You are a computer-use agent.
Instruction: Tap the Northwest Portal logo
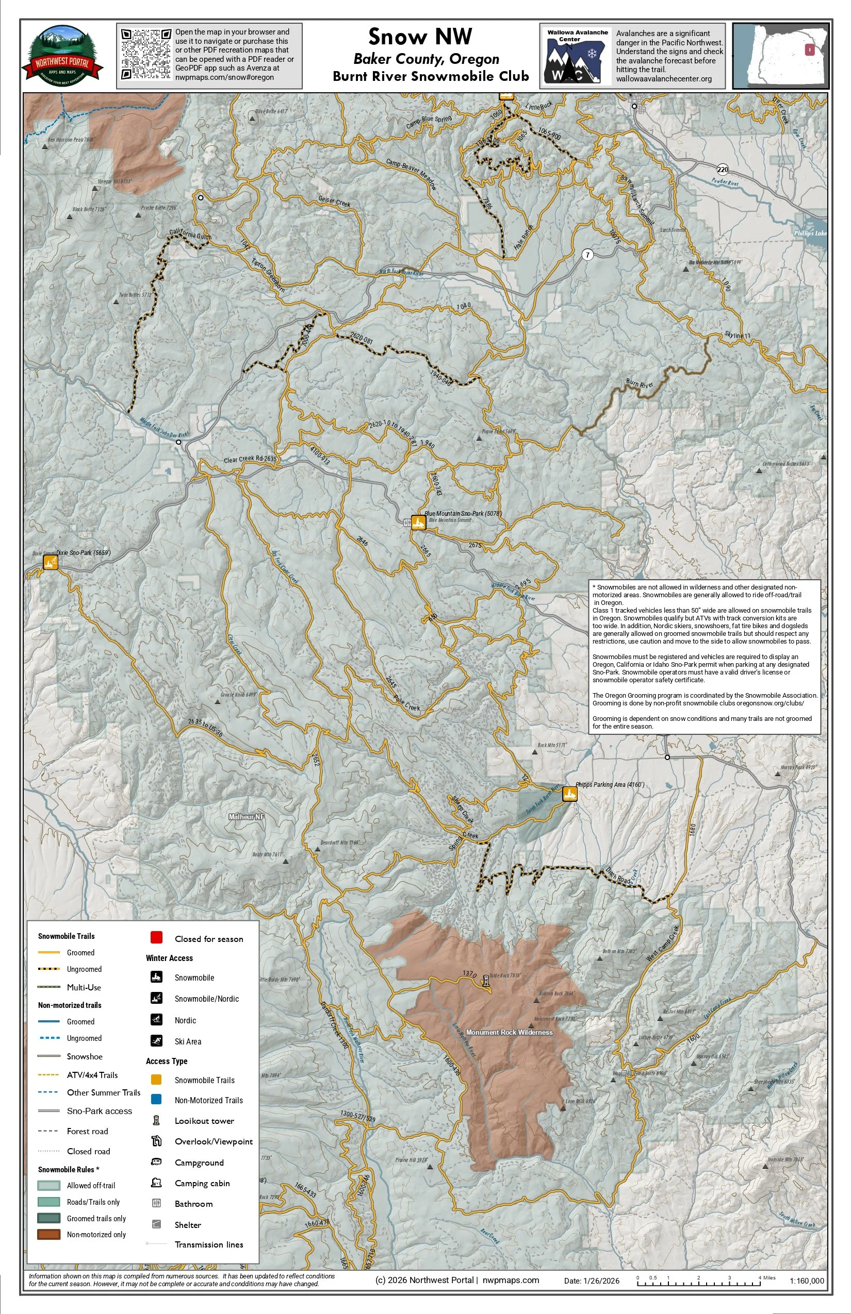[x=62, y=55]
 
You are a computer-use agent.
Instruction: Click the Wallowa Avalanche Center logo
[x=577, y=56]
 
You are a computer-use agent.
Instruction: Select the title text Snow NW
[x=420, y=37]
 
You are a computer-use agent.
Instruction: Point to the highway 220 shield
[x=723, y=169]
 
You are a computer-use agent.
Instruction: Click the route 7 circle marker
[x=587, y=255]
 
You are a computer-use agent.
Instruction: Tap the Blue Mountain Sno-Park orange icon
[x=418, y=523]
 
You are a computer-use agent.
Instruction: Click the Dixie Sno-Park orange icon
[x=51, y=563]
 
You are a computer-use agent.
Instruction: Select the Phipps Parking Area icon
[x=570, y=794]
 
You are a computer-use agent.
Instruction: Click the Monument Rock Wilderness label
[x=509, y=1032]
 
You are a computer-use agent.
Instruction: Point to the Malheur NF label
[x=247, y=817]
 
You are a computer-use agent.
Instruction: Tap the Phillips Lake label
[x=810, y=233]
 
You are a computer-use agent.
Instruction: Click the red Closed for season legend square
[x=156, y=937]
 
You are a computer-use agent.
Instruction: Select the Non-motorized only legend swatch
[x=48, y=1234]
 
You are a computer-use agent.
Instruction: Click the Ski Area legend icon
[x=156, y=1041]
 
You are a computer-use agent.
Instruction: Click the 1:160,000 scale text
[x=807, y=1281]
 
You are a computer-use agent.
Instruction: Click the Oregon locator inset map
[x=780, y=55]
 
